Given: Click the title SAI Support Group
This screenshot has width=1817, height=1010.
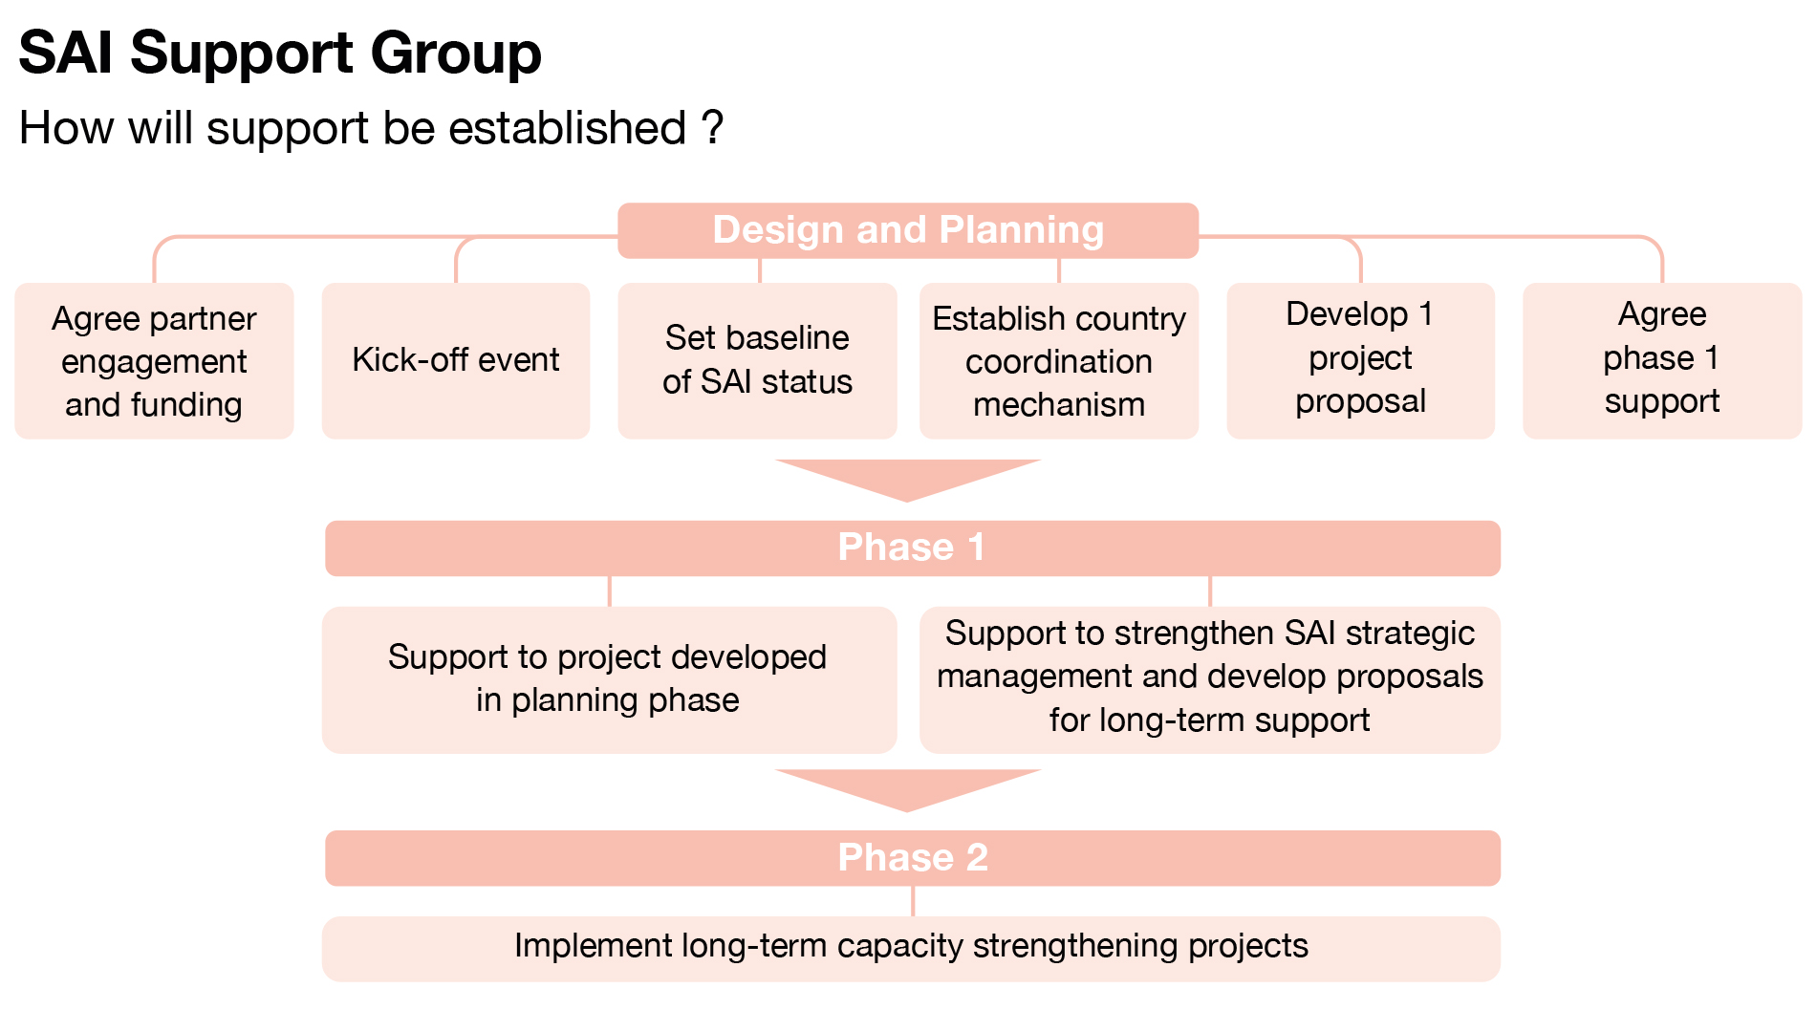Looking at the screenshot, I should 280,53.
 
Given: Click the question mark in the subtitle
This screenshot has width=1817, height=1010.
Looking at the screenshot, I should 712,127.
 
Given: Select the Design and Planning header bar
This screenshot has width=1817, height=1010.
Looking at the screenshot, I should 907,230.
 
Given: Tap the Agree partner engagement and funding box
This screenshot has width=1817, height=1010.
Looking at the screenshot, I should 154,361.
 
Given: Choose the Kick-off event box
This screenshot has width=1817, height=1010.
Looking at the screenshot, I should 456,360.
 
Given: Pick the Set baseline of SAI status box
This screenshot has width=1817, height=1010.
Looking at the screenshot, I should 757,360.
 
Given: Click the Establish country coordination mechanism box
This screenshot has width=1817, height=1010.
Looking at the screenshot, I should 1058,361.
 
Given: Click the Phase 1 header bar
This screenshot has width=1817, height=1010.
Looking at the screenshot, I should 912,548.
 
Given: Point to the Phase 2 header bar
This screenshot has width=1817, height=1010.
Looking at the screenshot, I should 912,857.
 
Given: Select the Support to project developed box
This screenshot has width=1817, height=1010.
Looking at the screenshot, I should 608,678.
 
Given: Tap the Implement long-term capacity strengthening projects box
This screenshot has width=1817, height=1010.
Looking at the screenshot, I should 910,947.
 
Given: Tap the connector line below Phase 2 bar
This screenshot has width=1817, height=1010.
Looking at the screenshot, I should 913,901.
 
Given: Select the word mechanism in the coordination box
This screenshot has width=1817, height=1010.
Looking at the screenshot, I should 1058,405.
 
